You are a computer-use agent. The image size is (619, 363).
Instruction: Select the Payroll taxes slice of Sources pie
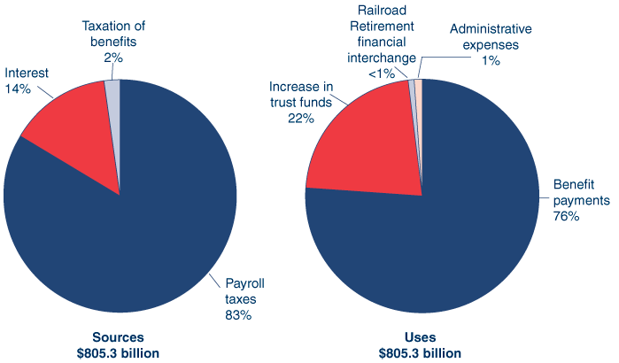133,230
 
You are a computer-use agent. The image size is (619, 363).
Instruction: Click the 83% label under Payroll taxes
239,314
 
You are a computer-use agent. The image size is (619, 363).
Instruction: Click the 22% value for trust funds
301,118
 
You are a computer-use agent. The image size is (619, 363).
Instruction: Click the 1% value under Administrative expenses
491,60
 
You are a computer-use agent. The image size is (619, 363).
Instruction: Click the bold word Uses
422,337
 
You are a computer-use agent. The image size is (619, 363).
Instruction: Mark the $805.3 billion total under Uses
422,352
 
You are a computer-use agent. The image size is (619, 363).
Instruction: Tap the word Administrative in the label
491,29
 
